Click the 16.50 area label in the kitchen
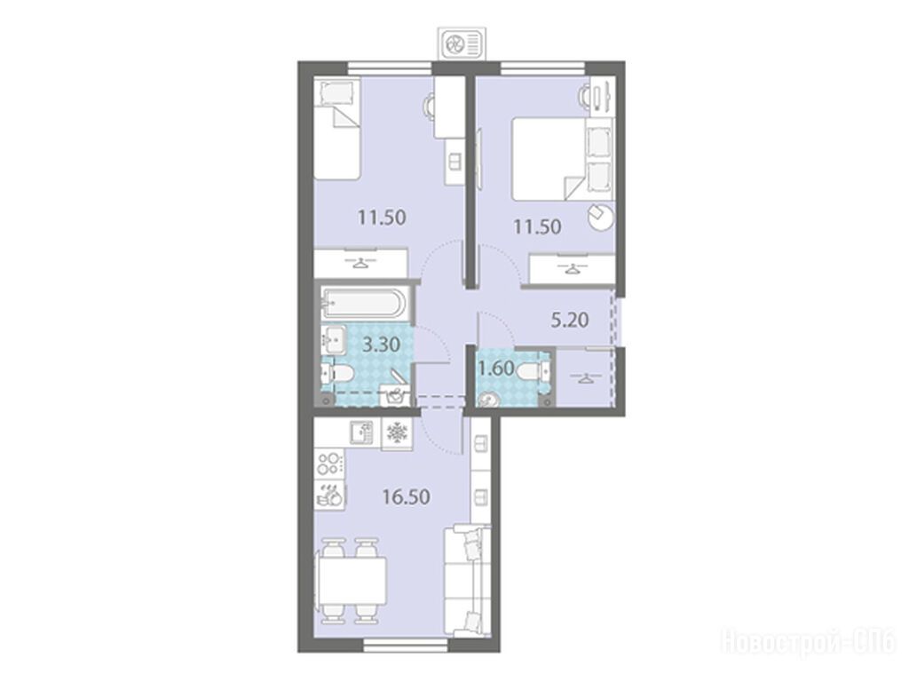tap(406, 497)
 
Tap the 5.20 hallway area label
tap(569, 320)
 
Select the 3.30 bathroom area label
tap(381, 345)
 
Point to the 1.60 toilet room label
tap(497, 369)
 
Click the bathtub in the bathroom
tap(364, 302)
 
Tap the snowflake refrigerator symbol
tap(397, 432)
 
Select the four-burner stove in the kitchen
tap(329, 464)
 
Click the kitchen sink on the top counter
tap(364, 432)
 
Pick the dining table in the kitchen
tap(352, 582)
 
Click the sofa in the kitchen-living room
tap(467, 581)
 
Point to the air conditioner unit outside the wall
tap(462, 44)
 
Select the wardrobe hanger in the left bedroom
tap(360, 262)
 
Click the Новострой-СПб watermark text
tap(808, 642)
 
